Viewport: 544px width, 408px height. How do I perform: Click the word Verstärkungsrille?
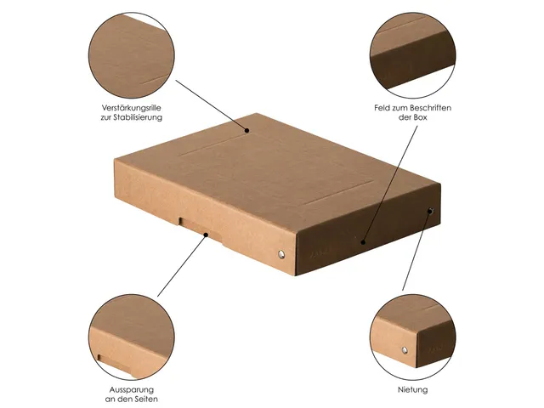click(132, 108)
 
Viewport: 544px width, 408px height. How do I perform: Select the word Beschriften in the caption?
click(432, 108)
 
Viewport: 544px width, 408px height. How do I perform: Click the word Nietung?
click(412, 389)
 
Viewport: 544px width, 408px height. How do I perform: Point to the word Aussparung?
click(132, 389)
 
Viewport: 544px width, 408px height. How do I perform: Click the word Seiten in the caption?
click(145, 399)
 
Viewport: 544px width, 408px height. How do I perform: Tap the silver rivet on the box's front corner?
click(281, 255)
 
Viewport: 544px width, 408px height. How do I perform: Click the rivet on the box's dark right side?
click(431, 211)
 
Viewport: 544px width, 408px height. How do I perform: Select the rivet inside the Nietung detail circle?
click(405, 350)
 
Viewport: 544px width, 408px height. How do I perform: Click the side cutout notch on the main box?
click(201, 230)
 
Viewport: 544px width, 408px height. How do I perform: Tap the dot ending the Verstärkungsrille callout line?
click(247, 130)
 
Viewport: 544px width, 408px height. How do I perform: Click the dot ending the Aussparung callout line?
click(206, 235)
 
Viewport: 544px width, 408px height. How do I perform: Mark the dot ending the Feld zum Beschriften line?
click(363, 242)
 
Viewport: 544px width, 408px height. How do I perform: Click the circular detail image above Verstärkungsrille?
click(132, 55)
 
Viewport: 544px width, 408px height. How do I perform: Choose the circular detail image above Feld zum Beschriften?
click(412, 55)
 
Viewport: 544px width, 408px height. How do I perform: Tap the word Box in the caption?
click(421, 117)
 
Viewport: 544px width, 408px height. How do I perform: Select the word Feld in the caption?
click(382, 108)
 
